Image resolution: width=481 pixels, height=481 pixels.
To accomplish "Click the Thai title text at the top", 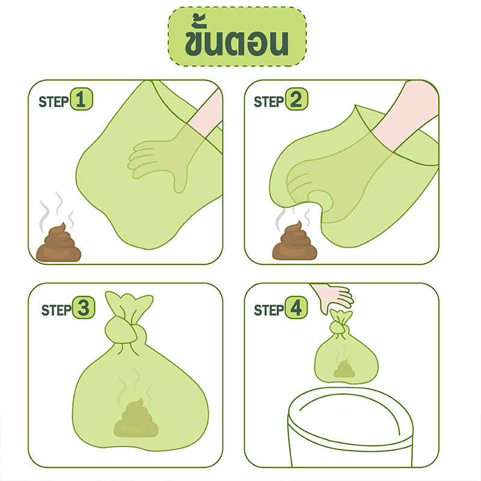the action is (x=236, y=35).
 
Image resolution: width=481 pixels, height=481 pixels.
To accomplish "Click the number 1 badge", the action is (x=81, y=99).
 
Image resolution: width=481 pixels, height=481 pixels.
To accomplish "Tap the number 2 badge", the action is (x=296, y=99).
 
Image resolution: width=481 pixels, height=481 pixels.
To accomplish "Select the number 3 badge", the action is (x=84, y=307).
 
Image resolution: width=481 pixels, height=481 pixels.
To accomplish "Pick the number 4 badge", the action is (x=296, y=307).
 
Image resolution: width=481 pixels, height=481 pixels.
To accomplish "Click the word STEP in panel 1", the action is (x=54, y=102).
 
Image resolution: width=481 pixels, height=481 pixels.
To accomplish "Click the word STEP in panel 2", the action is (x=269, y=102).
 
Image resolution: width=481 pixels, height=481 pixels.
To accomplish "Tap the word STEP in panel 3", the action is (x=57, y=310).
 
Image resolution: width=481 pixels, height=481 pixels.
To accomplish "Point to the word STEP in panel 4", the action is (x=269, y=310).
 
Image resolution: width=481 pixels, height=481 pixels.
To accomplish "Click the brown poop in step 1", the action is (x=58, y=244).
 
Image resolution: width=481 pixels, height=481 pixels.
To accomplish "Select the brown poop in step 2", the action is (x=295, y=242).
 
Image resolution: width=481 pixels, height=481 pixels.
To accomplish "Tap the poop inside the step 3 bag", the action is (x=136, y=418).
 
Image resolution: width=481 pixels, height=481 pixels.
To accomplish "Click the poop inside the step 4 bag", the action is (x=344, y=369).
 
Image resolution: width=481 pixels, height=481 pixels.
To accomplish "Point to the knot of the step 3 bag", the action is (x=125, y=329).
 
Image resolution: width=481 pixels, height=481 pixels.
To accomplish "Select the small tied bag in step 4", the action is (x=346, y=348).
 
